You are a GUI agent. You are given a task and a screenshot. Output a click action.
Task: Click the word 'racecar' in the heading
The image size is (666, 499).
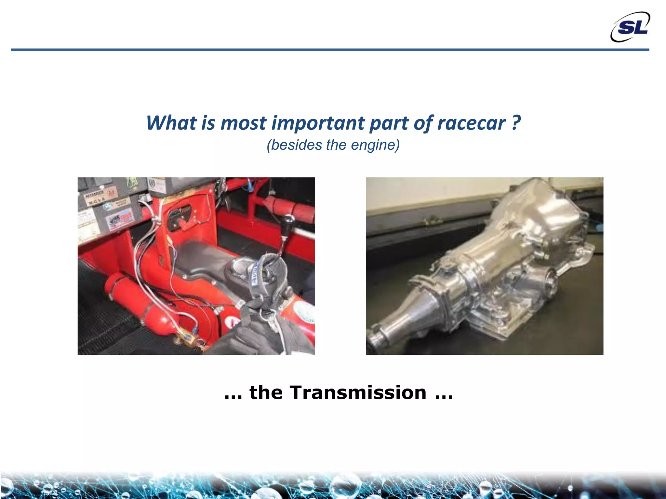[472, 123]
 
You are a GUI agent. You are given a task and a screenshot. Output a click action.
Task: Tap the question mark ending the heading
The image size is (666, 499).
[516, 123]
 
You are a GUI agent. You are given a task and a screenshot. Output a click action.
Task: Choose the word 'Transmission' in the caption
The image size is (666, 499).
[358, 392]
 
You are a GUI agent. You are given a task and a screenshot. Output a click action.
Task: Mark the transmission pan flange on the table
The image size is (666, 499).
[498, 328]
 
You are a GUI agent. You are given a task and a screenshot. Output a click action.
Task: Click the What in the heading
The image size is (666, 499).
[171, 123]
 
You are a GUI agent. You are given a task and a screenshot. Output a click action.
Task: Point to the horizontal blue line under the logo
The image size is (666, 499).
[325, 50]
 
